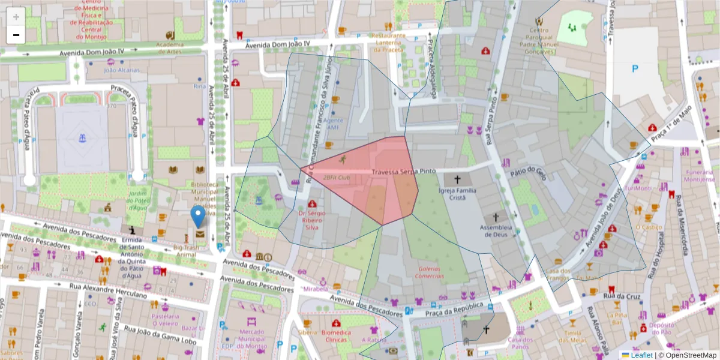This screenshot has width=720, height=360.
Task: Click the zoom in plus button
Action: click(16, 16)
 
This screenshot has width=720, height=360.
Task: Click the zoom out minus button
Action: click(16, 35)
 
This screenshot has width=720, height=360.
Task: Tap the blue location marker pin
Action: click(197, 217)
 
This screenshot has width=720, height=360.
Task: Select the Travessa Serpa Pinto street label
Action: click(403, 172)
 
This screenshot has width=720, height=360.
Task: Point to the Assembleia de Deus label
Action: click(496, 232)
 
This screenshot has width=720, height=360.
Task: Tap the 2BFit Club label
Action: click(336, 178)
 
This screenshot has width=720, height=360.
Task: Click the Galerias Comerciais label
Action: click(430, 272)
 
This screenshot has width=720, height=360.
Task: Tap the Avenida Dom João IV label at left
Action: click(91, 53)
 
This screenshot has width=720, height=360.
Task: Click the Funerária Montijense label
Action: click(698, 175)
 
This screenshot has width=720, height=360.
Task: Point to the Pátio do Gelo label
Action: click(528, 172)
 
